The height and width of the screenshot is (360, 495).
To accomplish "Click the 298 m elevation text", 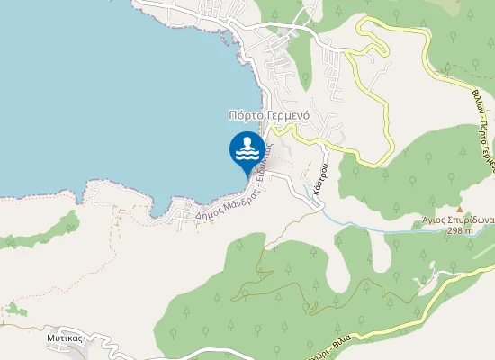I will [461, 229].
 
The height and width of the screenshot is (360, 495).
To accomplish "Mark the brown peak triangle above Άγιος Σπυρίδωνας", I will [460, 207].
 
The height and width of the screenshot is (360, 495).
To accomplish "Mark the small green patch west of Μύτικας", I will [11, 310].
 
